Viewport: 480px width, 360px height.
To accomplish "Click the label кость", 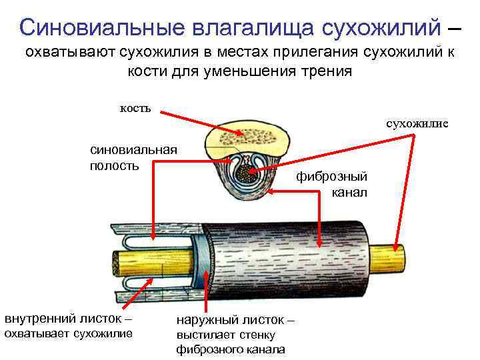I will [135, 107].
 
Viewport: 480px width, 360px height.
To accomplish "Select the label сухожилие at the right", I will [417, 123].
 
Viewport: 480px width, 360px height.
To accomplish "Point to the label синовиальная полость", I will [133, 157].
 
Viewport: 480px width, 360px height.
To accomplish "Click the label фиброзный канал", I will [341, 184].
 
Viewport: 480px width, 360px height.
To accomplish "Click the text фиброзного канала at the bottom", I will [231, 349].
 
